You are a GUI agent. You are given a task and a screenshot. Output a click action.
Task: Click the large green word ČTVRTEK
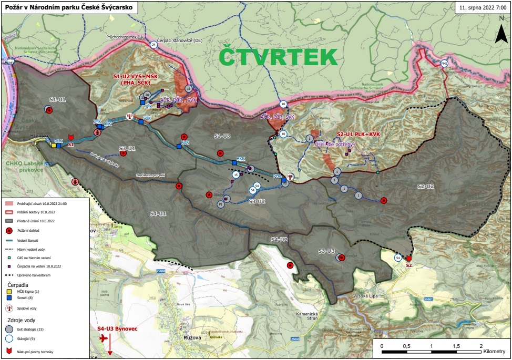tap(278, 57)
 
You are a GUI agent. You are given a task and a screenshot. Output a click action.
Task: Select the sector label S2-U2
tap(426, 186)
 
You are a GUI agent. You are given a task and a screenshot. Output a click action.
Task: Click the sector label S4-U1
tap(158, 213)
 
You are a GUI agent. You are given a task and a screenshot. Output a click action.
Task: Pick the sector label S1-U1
tap(58, 99)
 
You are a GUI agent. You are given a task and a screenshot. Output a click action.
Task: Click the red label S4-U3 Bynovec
tap(117, 328)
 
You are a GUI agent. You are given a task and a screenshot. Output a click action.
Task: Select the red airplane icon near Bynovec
tap(103, 338)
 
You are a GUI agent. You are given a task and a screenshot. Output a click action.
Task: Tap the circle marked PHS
tap(445, 64)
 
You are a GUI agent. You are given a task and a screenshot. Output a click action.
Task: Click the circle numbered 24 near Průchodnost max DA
tap(153, 45)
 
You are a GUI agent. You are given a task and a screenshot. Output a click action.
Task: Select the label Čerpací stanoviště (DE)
tap(183, 40)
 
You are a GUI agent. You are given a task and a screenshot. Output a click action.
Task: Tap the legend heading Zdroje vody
tap(22, 319)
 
